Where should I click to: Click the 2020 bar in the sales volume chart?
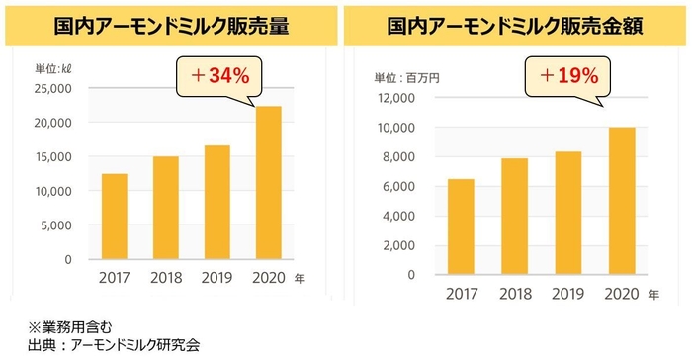[x=267, y=183]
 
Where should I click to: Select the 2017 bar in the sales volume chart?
[x=114, y=217]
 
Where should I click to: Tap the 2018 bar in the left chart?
[x=165, y=208]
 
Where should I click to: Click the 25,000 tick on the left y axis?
[x=51, y=88]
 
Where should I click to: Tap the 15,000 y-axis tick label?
[x=51, y=157]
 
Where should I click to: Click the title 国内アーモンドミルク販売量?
[x=173, y=27]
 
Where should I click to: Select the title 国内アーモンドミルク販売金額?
[x=516, y=27]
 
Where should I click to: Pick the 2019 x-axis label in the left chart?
[x=216, y=279]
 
